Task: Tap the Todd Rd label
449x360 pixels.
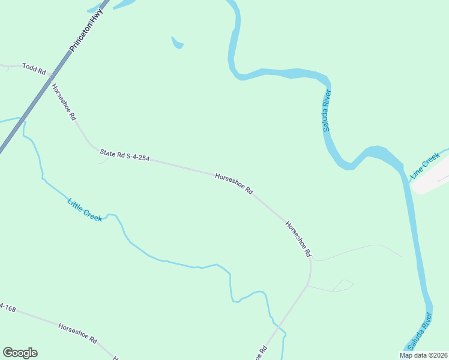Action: (x=34, y=68)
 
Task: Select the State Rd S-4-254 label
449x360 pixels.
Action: (x=124, y=157)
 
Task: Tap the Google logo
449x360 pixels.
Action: (x=20, y=353)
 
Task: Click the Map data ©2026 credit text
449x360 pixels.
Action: (x=423, y=355)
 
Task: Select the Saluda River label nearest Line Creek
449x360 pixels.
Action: (x=327, y=111)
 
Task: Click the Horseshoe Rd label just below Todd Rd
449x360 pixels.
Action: (x=64, y=102)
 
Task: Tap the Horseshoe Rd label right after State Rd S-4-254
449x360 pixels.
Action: (x=234, y=183)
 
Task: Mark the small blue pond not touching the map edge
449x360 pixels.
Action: (x=177, y=43)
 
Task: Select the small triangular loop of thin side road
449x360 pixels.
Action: (x=342, y=286)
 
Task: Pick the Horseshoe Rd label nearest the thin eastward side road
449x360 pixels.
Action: (x=298, y=239)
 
